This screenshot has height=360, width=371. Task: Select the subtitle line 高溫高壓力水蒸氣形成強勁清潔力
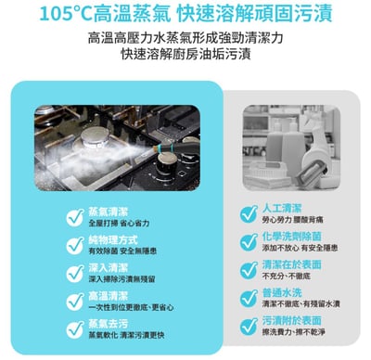185,39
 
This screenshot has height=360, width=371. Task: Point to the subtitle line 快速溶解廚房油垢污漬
185,55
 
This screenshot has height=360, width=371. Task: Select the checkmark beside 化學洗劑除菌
248,241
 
